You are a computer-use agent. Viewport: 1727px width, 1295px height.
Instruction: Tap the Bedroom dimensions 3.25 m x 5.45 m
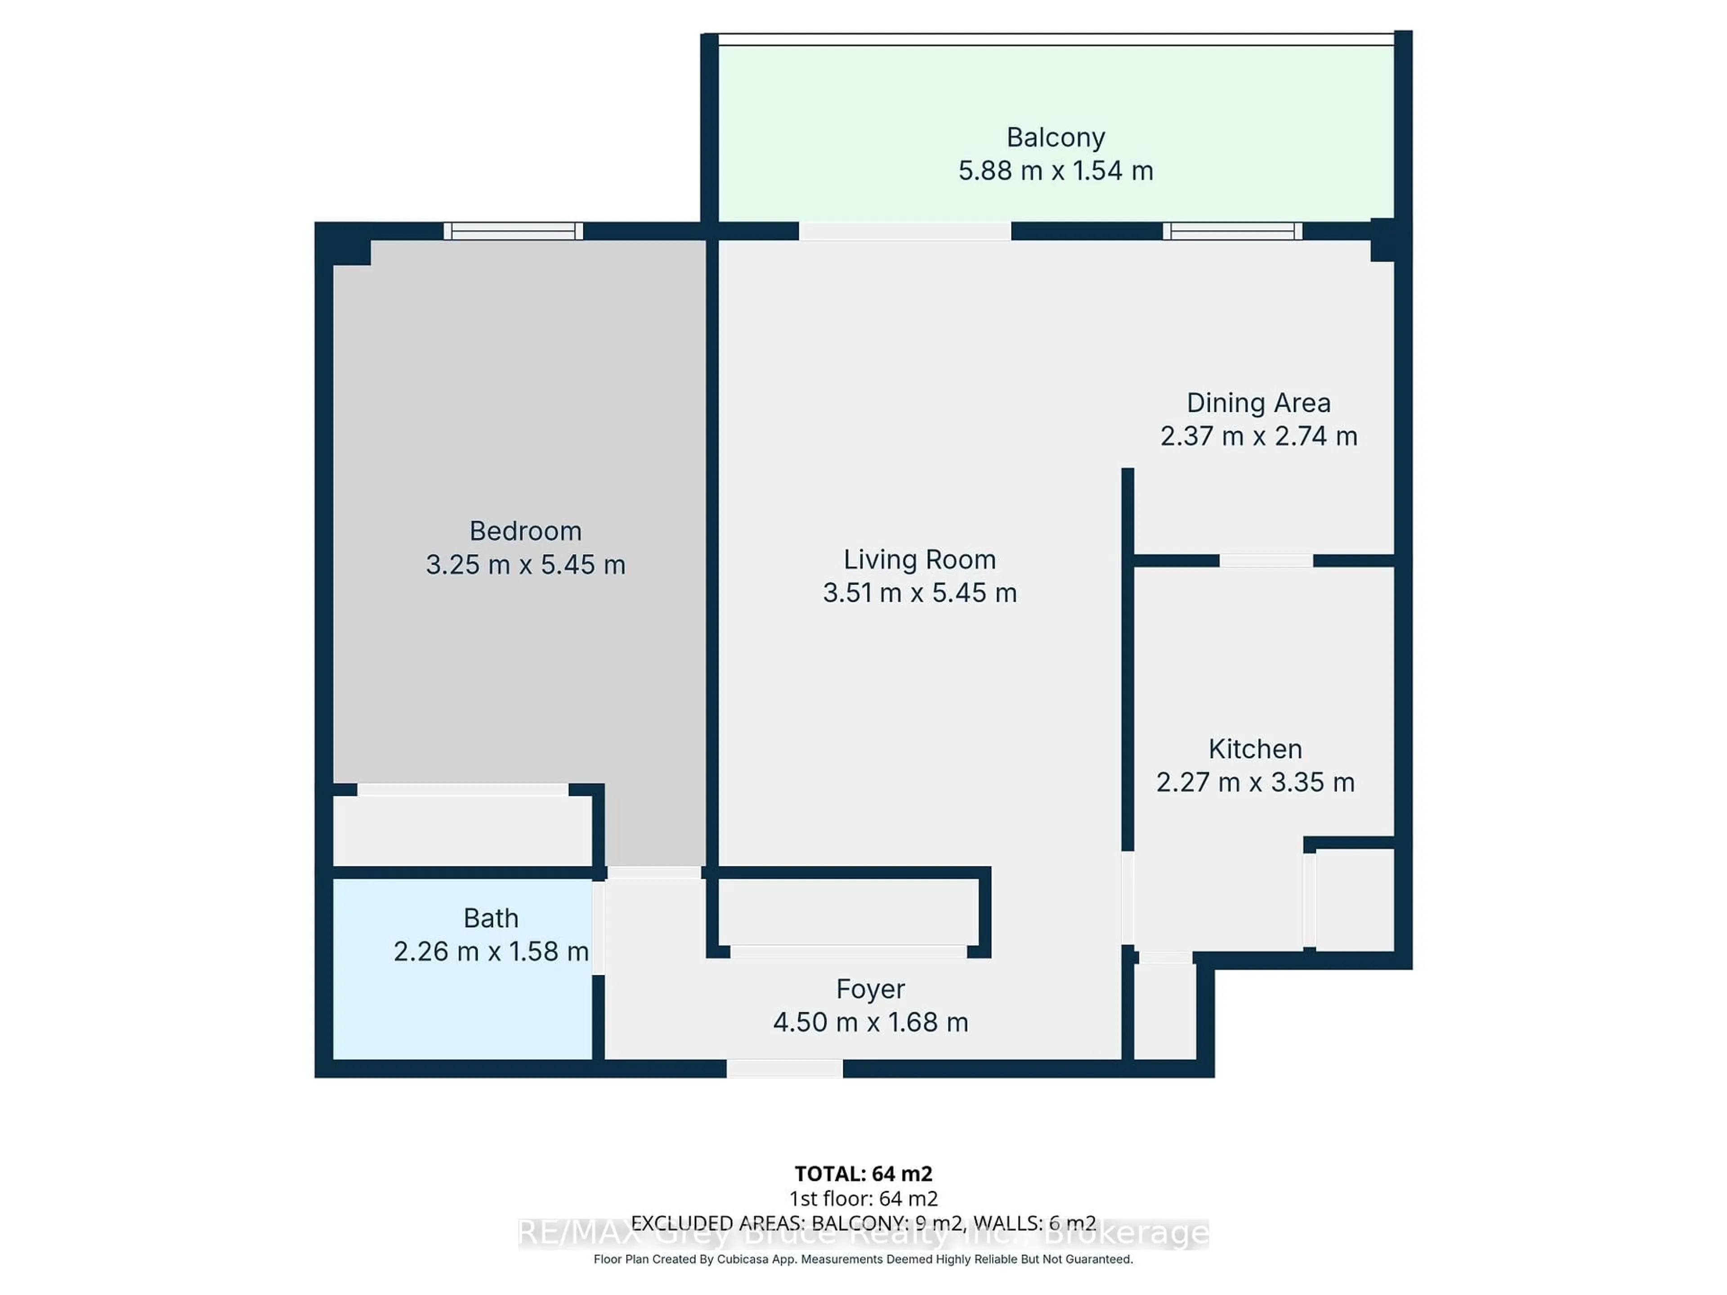coord(525,564)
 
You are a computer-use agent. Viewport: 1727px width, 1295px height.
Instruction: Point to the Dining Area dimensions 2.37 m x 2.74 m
coord(1258,436)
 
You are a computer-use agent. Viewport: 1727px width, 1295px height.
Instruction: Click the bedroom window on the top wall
coord(513,231)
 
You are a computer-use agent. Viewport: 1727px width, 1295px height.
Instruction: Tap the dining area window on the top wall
coord(1232,231)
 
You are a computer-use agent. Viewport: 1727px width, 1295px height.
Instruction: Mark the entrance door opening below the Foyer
coord(785,1069)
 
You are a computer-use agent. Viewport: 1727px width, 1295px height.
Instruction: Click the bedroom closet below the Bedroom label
coord(462,830)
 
